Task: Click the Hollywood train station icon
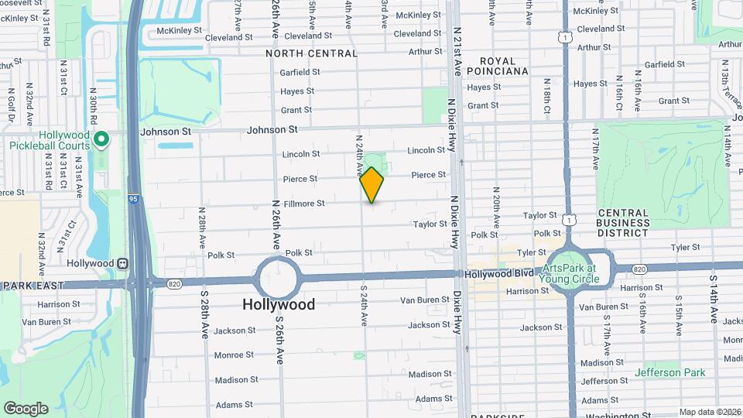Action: [122, 263]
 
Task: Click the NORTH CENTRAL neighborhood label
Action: [312, 54]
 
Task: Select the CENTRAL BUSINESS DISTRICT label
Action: [623, 223]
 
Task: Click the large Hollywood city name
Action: [279, 305]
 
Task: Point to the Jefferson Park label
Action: [669, 373]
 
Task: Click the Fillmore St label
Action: [304, 204]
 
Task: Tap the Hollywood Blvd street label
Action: [499, 274]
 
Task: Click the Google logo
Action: [26, 408]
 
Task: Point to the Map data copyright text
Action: [710, 412]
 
